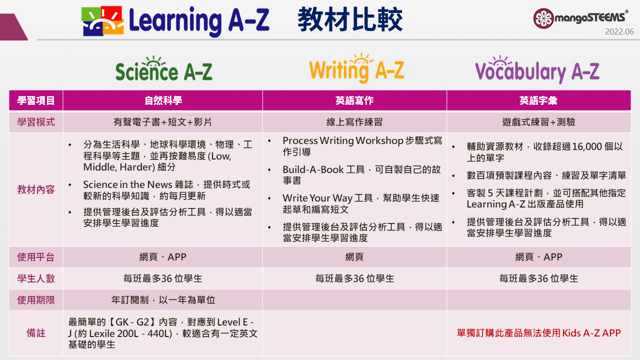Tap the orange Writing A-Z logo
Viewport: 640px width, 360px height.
(356, 69)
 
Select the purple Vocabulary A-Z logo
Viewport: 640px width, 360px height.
(537, 70)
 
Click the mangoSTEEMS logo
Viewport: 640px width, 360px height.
(580, 18)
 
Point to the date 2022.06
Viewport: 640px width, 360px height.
(619, 32)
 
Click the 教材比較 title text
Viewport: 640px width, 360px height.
(350, 20)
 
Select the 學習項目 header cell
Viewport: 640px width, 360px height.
(36, 100)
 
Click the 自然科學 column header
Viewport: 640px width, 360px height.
(163, 100)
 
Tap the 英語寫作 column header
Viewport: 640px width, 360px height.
(354, 100)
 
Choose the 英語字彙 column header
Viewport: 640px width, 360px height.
(538, 100)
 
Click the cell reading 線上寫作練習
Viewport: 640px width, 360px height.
(354, 122)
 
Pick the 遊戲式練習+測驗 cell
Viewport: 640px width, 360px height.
(538, 122)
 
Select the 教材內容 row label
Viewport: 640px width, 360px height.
(36, 189)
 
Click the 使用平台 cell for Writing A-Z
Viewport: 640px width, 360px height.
(354, 257)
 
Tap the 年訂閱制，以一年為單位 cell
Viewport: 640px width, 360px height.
(163, 300)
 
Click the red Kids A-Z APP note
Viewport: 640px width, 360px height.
(538, 333)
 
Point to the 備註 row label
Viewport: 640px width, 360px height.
(36, 333)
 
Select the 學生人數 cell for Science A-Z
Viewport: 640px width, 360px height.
(163, 278)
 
